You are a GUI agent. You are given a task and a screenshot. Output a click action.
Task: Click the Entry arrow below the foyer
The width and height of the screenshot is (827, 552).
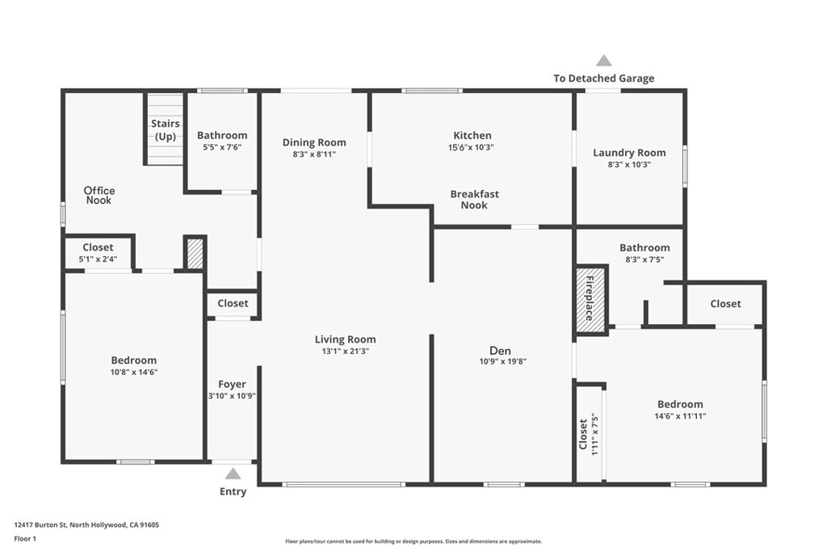tap(233, 474)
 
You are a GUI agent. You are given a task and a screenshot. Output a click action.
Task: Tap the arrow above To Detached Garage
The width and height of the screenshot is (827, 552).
tap(604, 61)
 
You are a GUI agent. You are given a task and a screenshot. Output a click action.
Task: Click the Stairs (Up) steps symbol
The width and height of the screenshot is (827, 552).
tap(165, 129)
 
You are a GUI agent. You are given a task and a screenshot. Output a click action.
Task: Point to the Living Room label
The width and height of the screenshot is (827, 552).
tap(346, 339)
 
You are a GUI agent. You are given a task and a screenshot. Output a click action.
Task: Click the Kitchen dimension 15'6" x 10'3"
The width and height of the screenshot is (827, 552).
tap(471, 148)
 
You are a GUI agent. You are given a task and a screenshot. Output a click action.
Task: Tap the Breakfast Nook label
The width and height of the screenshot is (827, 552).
tap(474, 200)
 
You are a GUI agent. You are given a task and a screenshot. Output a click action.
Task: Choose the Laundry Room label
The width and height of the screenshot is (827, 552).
tap(629, 153)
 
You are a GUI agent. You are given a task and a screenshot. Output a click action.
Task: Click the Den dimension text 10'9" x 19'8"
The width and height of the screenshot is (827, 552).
tap(502, 361)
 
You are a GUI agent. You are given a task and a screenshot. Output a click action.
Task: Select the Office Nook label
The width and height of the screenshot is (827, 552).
tap(99, 196)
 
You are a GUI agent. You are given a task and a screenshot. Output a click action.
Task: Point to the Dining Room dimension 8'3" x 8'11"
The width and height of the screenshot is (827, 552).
tap(314, 154)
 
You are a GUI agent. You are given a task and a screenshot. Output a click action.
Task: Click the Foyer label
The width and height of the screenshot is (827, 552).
tap(232, 384)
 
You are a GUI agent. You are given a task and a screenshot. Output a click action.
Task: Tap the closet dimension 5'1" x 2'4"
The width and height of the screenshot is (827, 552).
tap(98, 259)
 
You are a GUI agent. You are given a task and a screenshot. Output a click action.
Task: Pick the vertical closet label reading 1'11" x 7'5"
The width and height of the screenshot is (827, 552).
tap(595, 434)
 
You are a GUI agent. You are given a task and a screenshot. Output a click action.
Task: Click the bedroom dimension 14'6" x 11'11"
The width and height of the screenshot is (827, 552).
tap(680, 416)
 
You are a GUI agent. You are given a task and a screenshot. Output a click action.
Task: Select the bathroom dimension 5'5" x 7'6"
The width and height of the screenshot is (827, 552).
tap(222, 147)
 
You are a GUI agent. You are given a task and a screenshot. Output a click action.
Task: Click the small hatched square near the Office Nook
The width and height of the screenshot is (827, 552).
tap(195, 254)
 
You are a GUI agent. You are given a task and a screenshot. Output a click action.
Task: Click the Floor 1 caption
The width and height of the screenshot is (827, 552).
tap(25, 539)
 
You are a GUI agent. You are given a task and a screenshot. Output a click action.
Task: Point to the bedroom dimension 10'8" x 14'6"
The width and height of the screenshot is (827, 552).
tap(134, 372)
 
